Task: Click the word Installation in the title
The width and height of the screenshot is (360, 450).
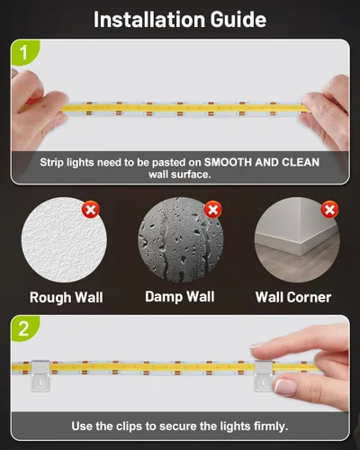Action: coord(149,20)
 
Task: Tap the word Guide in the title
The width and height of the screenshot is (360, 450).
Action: coord(238,20)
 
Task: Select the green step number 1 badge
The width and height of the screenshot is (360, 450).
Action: coord(24,52)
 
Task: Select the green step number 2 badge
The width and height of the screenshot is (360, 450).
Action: coord(24,328)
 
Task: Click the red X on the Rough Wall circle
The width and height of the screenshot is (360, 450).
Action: coord(91,210)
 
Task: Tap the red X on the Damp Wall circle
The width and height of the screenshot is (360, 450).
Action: coord(213,210)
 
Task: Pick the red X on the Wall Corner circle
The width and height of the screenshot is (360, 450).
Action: coord(329,210)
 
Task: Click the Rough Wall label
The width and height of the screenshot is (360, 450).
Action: coord(67,297)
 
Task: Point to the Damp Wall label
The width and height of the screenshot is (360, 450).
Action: coord(180,296)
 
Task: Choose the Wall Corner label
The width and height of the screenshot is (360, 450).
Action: coord(293,297)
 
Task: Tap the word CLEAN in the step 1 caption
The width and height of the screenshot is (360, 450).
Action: coord(301,162)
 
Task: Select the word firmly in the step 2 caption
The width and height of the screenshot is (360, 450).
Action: coord(271,427)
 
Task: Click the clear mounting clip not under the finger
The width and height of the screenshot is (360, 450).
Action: coord(40,375)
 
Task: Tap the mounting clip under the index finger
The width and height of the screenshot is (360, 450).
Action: coord(263,376)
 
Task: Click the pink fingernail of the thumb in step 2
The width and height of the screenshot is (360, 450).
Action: coord(285,387)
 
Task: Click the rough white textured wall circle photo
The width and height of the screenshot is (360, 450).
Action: coord(64,239)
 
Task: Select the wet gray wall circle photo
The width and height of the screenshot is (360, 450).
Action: coord(180,239)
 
